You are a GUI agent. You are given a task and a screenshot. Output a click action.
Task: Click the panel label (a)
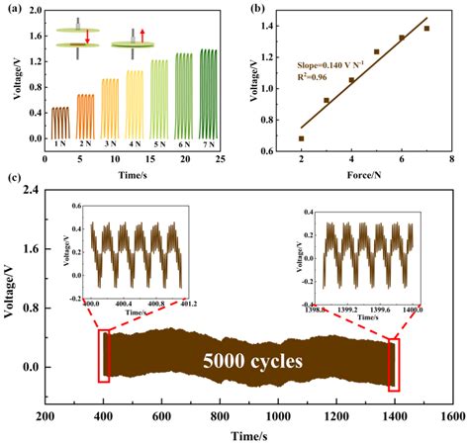[14, 7]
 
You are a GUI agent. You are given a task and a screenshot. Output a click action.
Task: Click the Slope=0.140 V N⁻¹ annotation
[327, 60]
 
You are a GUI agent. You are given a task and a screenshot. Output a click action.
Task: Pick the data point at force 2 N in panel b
[301, 138]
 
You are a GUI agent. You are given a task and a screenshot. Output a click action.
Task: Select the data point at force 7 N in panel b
[426, 29]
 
